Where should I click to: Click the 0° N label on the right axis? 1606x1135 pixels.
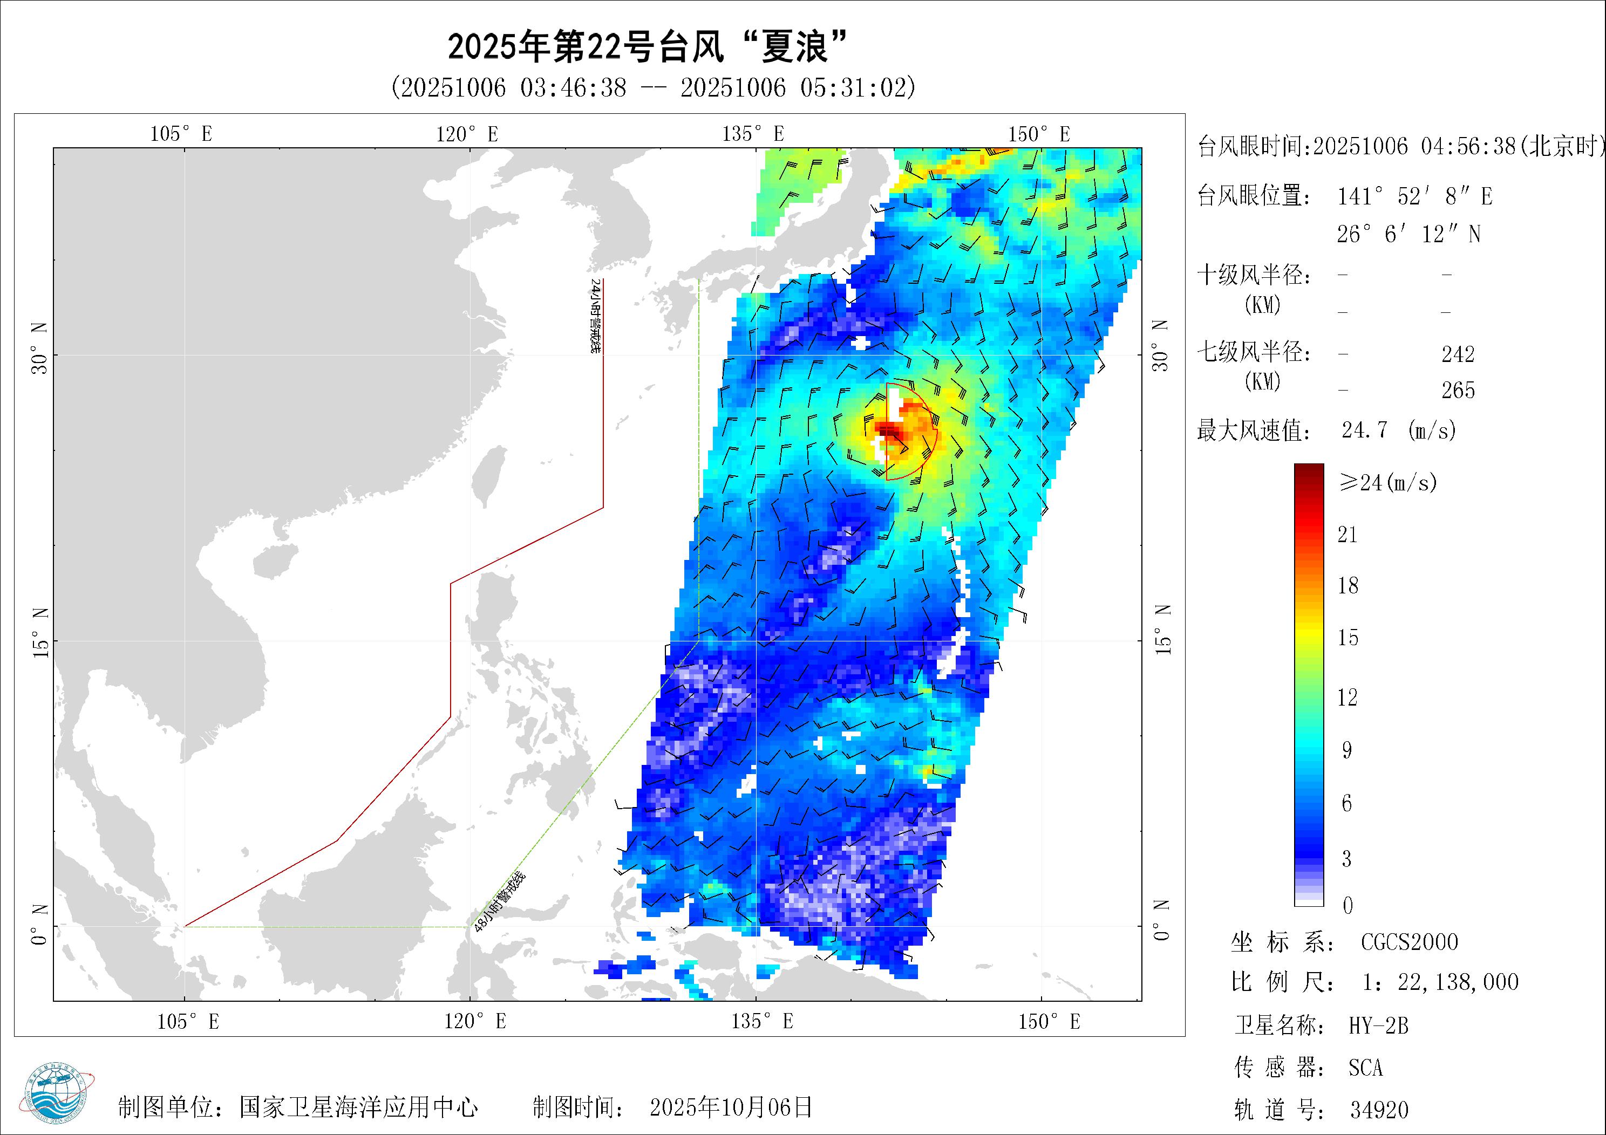(x=1161, y=920)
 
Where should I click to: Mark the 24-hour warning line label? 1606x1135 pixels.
(x=595, y=316)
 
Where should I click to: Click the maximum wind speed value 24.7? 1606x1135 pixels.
(x=1364, y=429)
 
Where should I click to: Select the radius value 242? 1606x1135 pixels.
(x=1458, y=354)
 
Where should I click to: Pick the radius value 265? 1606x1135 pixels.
(x=1458, y=390)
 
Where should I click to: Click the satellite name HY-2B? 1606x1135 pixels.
(x=1378, y=1026)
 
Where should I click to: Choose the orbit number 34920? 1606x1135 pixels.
(x=1379, y=1110)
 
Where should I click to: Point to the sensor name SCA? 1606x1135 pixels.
(x=1365, y=1068)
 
